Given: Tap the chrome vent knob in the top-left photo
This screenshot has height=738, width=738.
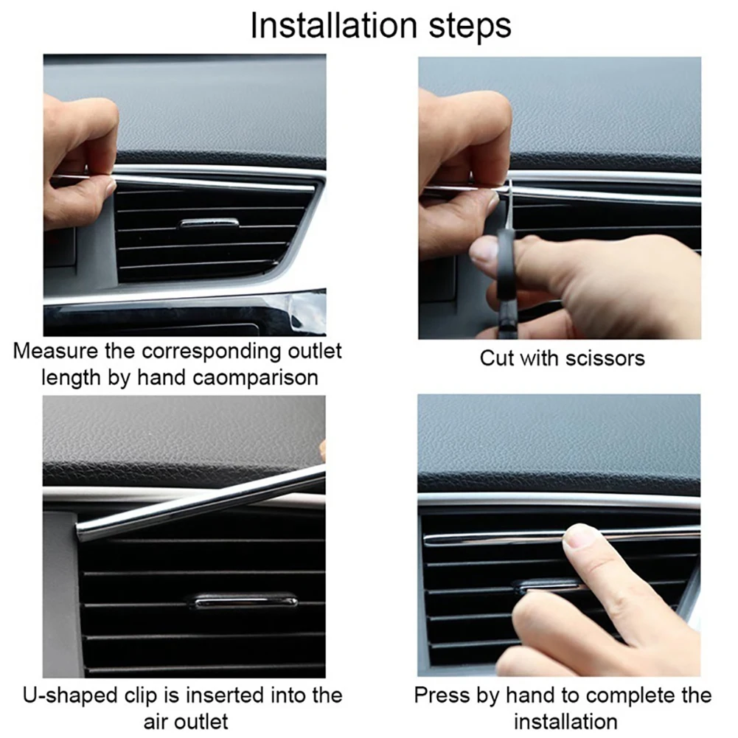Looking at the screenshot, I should pos(209,223).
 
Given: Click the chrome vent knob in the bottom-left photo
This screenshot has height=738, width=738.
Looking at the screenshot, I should pos(243,602).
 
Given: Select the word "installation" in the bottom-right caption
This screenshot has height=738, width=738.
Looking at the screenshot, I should pos(565,720).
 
